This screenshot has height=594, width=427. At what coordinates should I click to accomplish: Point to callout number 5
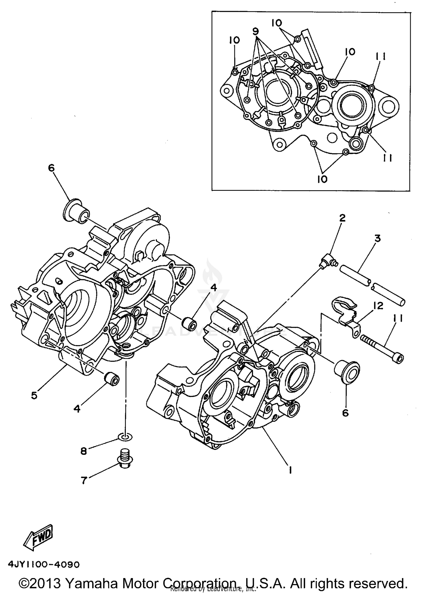(34, 396)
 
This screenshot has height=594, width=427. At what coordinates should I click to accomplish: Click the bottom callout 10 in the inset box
(322, 179)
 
